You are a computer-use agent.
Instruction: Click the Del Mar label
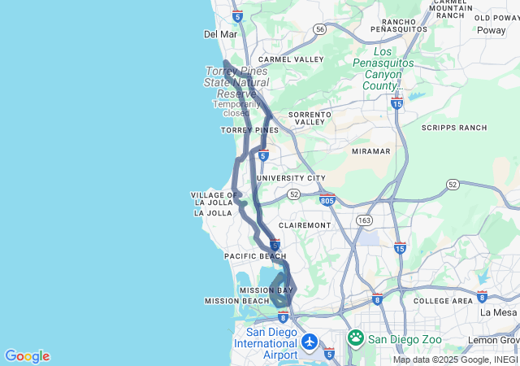pos(220,34)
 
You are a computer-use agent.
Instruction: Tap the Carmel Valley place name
pos(290,59)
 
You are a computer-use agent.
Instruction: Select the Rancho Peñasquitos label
pos(398,25)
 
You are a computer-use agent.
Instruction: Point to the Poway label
pos(490,30)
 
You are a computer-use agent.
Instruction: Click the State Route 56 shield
pos(320,29)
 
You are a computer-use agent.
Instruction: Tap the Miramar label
pos(371,151)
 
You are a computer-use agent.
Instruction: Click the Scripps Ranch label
pos(454,128)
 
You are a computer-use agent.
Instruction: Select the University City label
pos(291,178)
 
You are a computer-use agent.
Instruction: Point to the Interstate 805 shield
pos(327,198)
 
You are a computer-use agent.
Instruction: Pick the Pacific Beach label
pos(255,256)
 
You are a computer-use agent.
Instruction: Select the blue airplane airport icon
pos(309,342)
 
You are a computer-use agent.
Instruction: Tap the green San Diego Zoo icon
pos(356,338)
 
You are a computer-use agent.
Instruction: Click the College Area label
pos(443,301)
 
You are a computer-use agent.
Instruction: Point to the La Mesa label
pos(497,312)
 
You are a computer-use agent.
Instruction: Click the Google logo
pos(27,356)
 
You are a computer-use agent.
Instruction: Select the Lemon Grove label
pos(493,340)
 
